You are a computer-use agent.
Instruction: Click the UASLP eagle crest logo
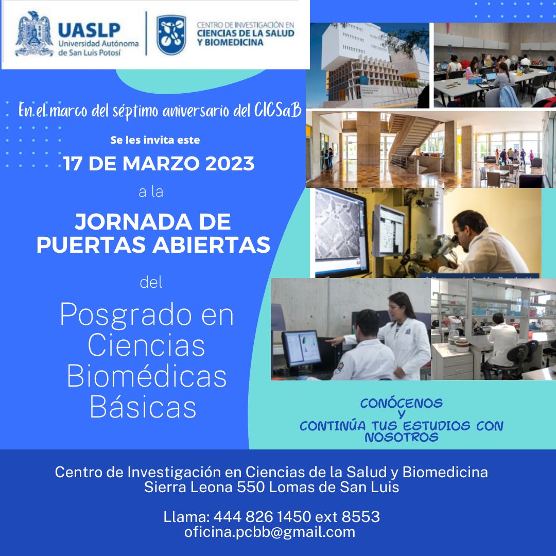coord(34,34)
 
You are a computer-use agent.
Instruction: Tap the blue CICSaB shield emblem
coord(171,35)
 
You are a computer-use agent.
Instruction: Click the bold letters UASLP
coord(90,30)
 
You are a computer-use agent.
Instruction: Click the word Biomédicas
coord(147,376)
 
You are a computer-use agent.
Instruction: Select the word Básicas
coord(143,407)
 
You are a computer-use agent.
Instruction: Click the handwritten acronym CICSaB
coord(277,110)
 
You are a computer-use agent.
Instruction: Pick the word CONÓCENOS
coord(402,403)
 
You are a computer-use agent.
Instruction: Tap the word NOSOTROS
coord(402,437)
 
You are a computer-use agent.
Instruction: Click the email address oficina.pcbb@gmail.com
coord(269,532)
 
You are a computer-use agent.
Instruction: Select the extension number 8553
coord(360,517)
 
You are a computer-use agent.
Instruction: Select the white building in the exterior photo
coord(372,64)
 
